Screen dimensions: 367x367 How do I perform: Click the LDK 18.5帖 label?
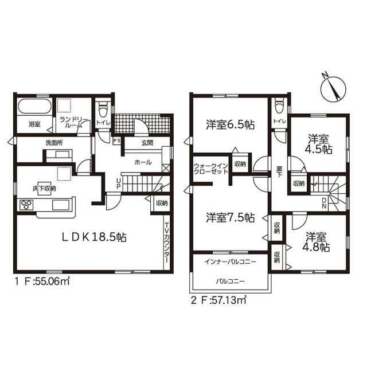point(94,237)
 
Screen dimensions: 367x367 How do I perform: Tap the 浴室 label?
point(34,124)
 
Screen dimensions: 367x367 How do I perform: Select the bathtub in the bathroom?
point(34,107)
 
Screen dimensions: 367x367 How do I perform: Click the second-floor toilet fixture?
point(279,106)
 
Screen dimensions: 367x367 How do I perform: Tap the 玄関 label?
point(147,143)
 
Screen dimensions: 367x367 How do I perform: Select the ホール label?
point(143,162)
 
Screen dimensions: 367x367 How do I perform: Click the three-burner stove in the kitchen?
point(26,205)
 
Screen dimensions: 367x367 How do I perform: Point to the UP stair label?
point(119,183)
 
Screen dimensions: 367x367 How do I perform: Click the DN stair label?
point(325,203)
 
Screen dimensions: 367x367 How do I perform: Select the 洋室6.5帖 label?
point(231,125)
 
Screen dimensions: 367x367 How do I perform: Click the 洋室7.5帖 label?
point(231,218)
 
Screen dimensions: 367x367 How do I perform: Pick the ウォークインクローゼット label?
point(210,169)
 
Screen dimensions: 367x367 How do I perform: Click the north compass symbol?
point(334,88)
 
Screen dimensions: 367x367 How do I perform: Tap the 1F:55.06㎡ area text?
point(42,282)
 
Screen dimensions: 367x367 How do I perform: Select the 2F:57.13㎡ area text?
point(218,300)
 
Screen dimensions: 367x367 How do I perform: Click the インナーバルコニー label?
point(231,261)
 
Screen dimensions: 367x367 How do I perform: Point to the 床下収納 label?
point(44,189)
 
